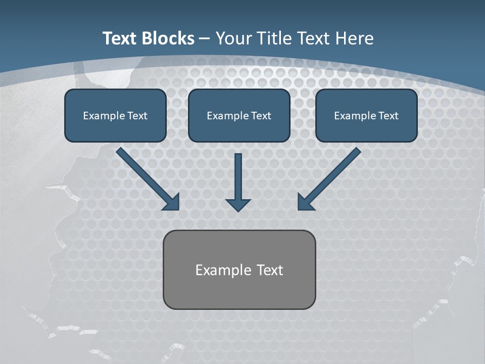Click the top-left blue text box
[x=115, y=116]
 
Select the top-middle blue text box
[x=239, y=116]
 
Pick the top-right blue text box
[x=366, y=116]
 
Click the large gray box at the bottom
[x=239, y=269]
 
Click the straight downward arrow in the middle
[x=238, y=177]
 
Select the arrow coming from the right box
[x=333, y=174]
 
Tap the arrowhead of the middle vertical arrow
[x=238, y=205]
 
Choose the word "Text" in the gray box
[x=270, y=270]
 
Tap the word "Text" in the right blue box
[x=389, y=116]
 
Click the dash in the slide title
[x=205, y=38]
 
